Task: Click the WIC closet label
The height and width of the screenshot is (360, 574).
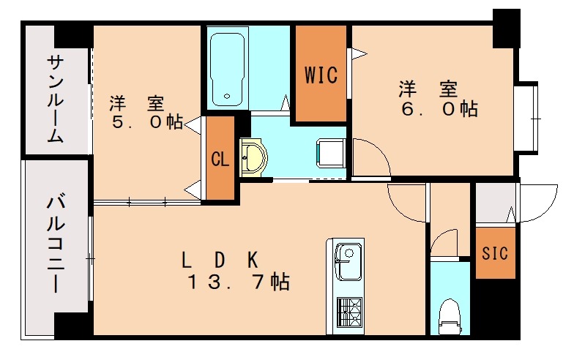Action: tap(321, 75)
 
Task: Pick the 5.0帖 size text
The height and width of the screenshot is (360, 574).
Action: tap(146, 121)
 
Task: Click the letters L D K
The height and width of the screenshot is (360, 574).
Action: tap(219, 258)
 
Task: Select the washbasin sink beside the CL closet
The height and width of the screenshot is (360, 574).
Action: tap(253, 157)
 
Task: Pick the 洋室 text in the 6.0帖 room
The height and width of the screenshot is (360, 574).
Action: tap(428, 89)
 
